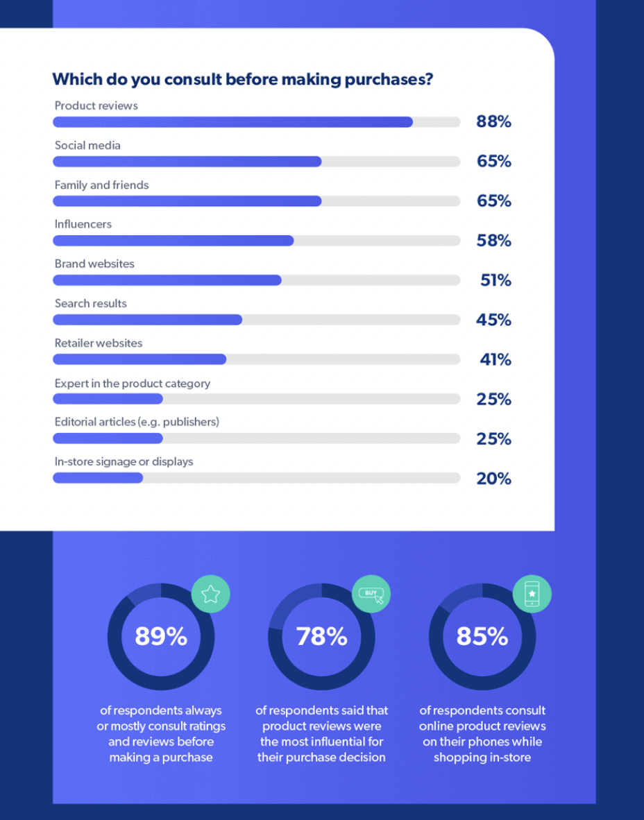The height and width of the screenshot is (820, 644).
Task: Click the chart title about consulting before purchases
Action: pyautogui.click(x=242, y=79)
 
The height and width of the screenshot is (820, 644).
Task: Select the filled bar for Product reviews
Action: pyautogui.click(x=232, y=122)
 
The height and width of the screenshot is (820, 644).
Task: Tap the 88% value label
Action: pyautogui.click(x=493, y=122)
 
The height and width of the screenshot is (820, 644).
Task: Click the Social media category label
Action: pyautogui.click(x=87, y=145)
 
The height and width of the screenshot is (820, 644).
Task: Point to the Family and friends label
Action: pyautogui.click(x=101, y=185)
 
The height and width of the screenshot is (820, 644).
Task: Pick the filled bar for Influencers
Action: pyautogui.click(x=173, y=241)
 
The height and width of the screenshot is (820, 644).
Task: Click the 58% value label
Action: pyautogui.click(x=493, y=241)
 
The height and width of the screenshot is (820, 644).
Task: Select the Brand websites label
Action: pyautogui.click(x=94, y=264)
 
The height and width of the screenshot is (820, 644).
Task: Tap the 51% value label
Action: pyautogui.click(x=495, y=280)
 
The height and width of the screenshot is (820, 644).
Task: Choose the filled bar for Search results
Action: pyautogui.click(x=147, y=320)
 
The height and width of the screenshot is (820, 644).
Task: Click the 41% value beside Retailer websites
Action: pyautogui.click(x=495, y=359)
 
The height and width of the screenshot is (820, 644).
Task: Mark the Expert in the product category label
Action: pyautogui.click(x=132, y=383)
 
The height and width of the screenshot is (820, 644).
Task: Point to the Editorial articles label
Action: pyautogui.click(x=137, y=422)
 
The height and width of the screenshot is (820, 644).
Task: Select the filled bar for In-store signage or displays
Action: pyautogui.click(x=98, y=478)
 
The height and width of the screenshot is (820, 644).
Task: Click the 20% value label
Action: pyautogui.click(x=493, y=478)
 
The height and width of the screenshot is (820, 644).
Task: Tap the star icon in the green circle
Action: pyautogui.click(x=210, y=594)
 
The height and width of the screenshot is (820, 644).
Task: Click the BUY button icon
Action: pyautogui.click(x=371, y=594)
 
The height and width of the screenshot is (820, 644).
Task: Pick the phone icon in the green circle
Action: pyautogui.click(x=532, y=594)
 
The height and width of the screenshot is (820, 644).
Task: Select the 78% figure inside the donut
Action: pyautogui.click(x=321, y=636)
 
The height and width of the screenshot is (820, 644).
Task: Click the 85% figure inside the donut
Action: pyautogui.click(x=482, y=636)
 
